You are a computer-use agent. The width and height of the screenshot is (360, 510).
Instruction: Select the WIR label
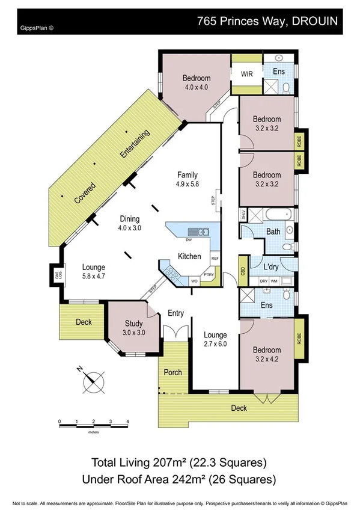(247, 75)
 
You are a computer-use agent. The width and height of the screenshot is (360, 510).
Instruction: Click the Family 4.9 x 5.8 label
(187, 179)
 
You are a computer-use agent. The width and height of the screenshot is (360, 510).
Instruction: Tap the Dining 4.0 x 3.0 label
(129, 223)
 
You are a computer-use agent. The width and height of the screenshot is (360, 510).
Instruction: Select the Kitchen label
(189, 256)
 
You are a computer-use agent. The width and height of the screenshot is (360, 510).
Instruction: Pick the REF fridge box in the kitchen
(214, 259)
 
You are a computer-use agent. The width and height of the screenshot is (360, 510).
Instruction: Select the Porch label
(173, 372)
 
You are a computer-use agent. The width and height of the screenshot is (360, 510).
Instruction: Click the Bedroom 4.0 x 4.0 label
(197, 82)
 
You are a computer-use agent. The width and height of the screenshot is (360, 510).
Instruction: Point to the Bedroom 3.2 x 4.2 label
(267, 354)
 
